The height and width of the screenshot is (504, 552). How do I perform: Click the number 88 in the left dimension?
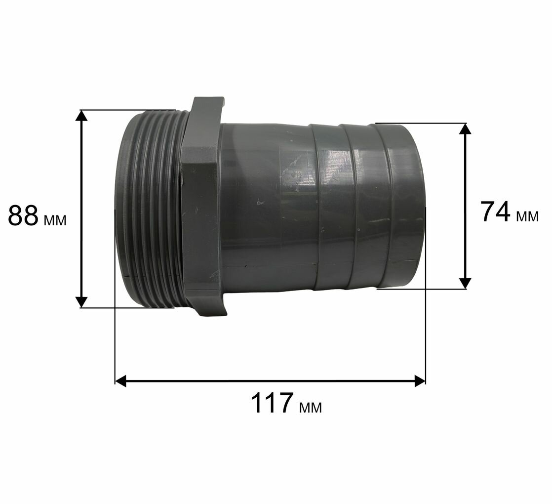(23, 215)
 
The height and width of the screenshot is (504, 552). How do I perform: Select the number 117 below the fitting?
(272, 403)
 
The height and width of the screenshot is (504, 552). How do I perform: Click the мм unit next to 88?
(55, 220)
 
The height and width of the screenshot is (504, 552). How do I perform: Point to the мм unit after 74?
(527, 217)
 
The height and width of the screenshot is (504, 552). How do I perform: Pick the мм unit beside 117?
(310, 408)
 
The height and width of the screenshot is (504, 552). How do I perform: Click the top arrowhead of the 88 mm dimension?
(81, 116)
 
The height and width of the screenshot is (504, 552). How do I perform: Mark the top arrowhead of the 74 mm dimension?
(466, 129)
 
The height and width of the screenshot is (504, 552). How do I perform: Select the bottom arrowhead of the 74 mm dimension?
(466, 283)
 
